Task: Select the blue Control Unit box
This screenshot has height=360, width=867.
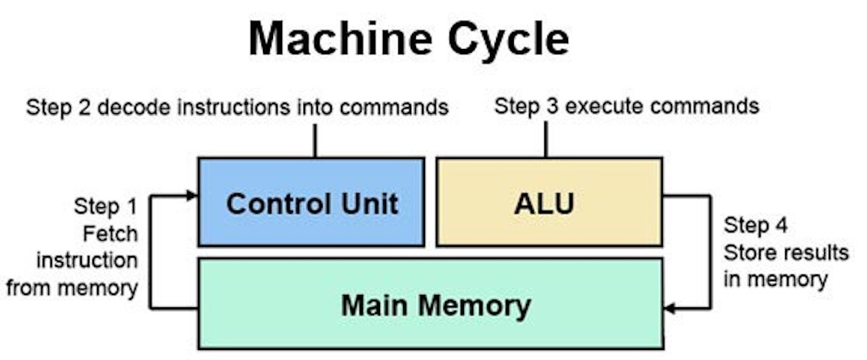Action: tap(311, 203)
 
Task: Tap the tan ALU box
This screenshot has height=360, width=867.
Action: tap(549, 203)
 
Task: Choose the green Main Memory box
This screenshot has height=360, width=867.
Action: tap(430, 304)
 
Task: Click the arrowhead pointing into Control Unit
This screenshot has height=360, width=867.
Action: tap(192, 196)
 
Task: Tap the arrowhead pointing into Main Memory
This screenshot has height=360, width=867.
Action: tap(670, 309)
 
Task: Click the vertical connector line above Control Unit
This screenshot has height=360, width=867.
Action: tap(314, 140)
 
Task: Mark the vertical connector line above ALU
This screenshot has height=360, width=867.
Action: tap(546, 139)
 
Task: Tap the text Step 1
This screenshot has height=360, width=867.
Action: tap(106, 206)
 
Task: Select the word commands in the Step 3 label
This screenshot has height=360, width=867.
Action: tap(703, 106)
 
